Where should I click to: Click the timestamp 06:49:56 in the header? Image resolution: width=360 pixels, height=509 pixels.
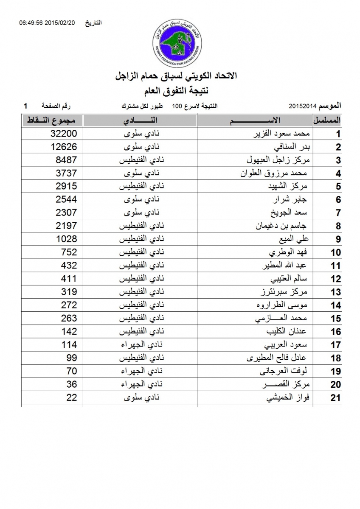[x=33, y=23]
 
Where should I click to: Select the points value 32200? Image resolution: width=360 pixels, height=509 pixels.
[x=64, y=134]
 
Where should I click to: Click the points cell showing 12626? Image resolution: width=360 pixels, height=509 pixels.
[x=64, y=147]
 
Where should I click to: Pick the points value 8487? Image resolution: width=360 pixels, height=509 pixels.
[x=67, y=160]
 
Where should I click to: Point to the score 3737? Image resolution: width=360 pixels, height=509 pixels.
[x=67, y=173]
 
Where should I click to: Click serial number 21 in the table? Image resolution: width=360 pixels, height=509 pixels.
[x=335, y=398]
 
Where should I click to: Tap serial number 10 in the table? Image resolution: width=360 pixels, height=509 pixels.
[x=335, y=253]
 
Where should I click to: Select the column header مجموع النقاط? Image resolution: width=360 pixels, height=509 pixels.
[x=52, y=120]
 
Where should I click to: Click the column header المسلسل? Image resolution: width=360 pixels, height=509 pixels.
[x=328, y=120]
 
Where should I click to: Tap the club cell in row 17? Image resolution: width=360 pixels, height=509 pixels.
[x=140, y=345]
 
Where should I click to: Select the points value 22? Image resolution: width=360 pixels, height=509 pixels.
[x=72, y=397]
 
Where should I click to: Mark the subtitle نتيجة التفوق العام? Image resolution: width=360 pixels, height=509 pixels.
[x=180, y=90]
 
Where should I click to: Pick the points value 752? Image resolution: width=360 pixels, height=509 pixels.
[x=69, y=252]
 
